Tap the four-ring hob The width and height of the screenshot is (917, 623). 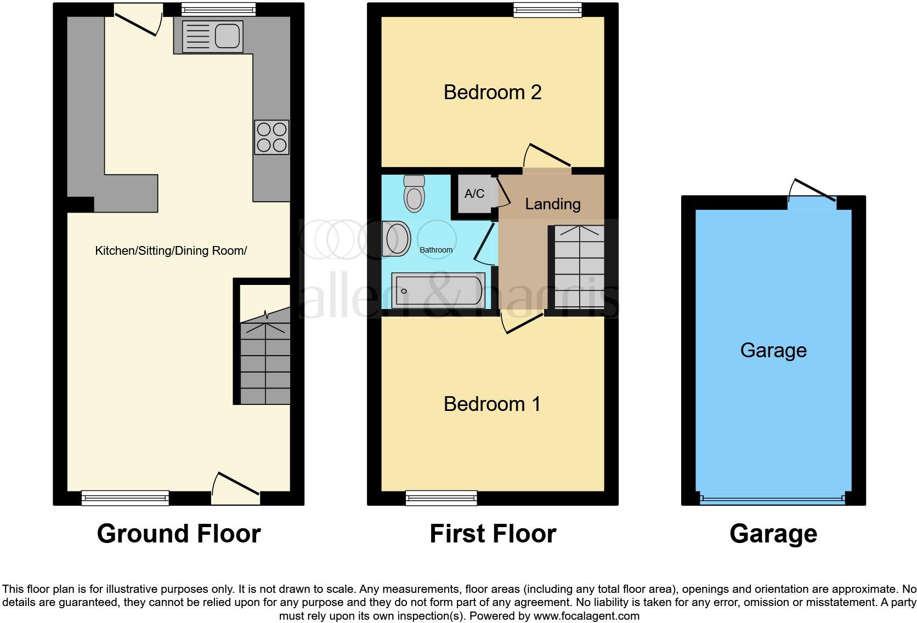click(x=272, y=137)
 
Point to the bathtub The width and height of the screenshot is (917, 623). click(x=437, y=290)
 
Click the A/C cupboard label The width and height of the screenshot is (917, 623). click(x=474, y=193)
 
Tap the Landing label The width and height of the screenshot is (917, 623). click(x=552, y=204)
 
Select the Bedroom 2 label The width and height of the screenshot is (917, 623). click(x=492, y=92)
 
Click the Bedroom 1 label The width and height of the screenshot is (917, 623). click(x=492, y=404)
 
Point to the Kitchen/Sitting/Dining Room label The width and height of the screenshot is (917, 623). click(x=171, y=251)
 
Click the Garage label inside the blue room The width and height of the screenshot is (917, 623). click(x=773, y=350)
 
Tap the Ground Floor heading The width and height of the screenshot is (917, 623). click(x=178, y=533)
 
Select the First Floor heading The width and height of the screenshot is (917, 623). click(x=493, y=533)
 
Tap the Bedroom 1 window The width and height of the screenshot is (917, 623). click(x=441, y=498)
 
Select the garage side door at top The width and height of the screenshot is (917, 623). click(x=812, y=201)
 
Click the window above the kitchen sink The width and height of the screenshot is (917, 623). click(x=218, y=9)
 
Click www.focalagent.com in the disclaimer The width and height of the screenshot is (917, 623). click(x=586, y=616)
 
